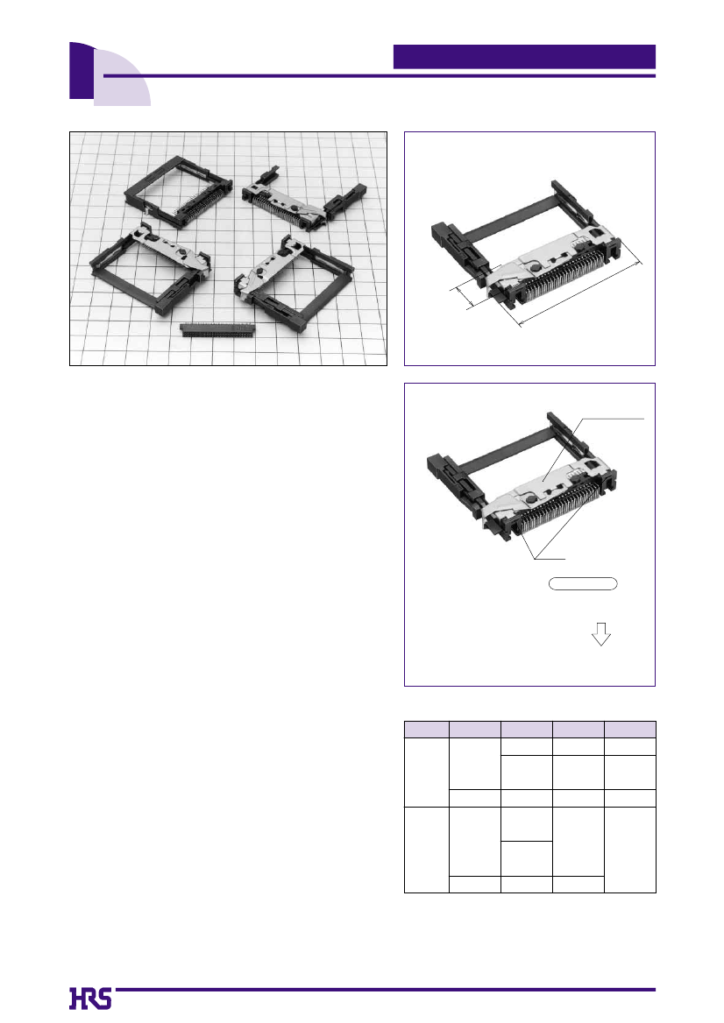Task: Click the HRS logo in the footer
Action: [x=90, y=998]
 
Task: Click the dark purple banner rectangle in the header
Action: [x=524, y=56]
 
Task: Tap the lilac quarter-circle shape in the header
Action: [x=124, y=81]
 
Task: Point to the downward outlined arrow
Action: [x=600, y=633]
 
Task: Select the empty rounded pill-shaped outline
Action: [x=582, y=583]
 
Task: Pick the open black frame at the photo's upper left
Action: [x=178, y=192]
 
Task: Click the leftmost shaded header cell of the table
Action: [x=426, y=730]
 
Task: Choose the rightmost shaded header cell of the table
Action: [x=630, y=730]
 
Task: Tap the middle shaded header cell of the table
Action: [x=526, y=730]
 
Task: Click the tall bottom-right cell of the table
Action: [x=630, y=850]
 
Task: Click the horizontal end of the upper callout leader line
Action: [x=613, y=418]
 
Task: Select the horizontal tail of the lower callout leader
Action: [x=550, y=559]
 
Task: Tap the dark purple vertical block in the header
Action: [x=82, y=71]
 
